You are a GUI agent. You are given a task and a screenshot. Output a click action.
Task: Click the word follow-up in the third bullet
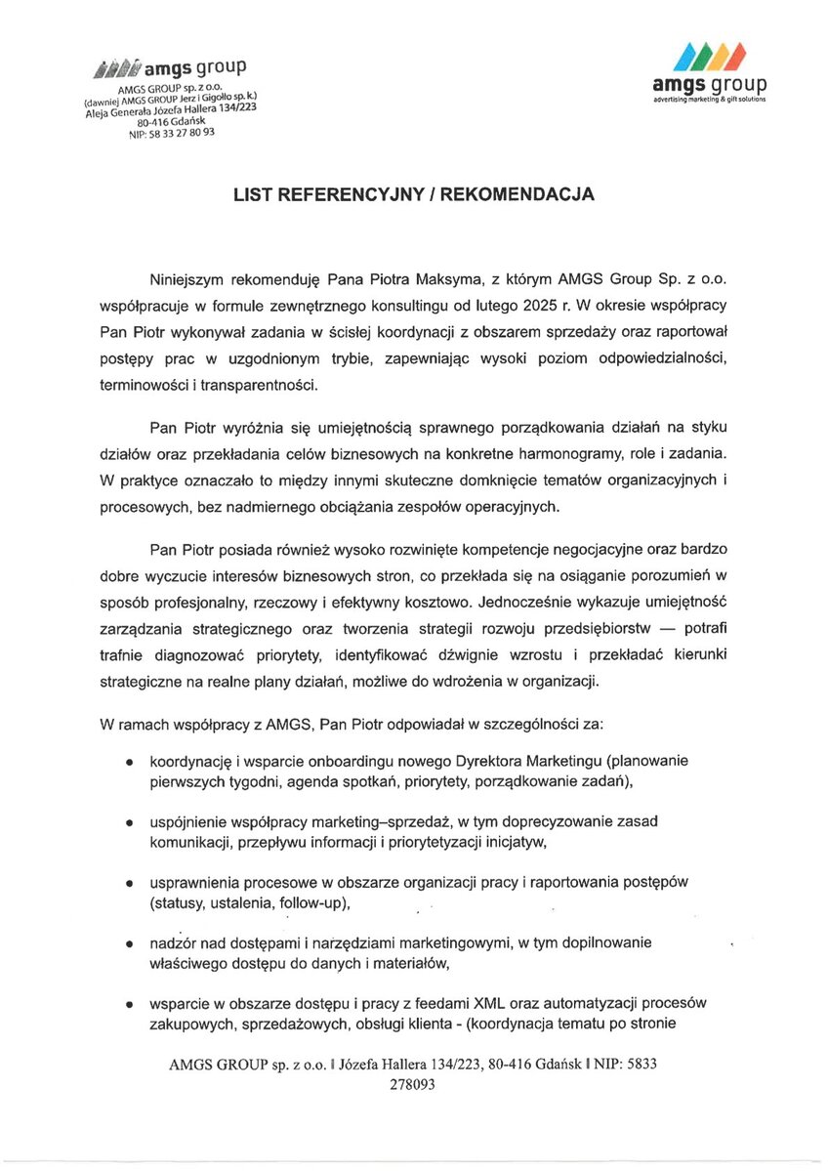point(312,902)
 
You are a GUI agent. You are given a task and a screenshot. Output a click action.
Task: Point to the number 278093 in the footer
point(414,1083)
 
